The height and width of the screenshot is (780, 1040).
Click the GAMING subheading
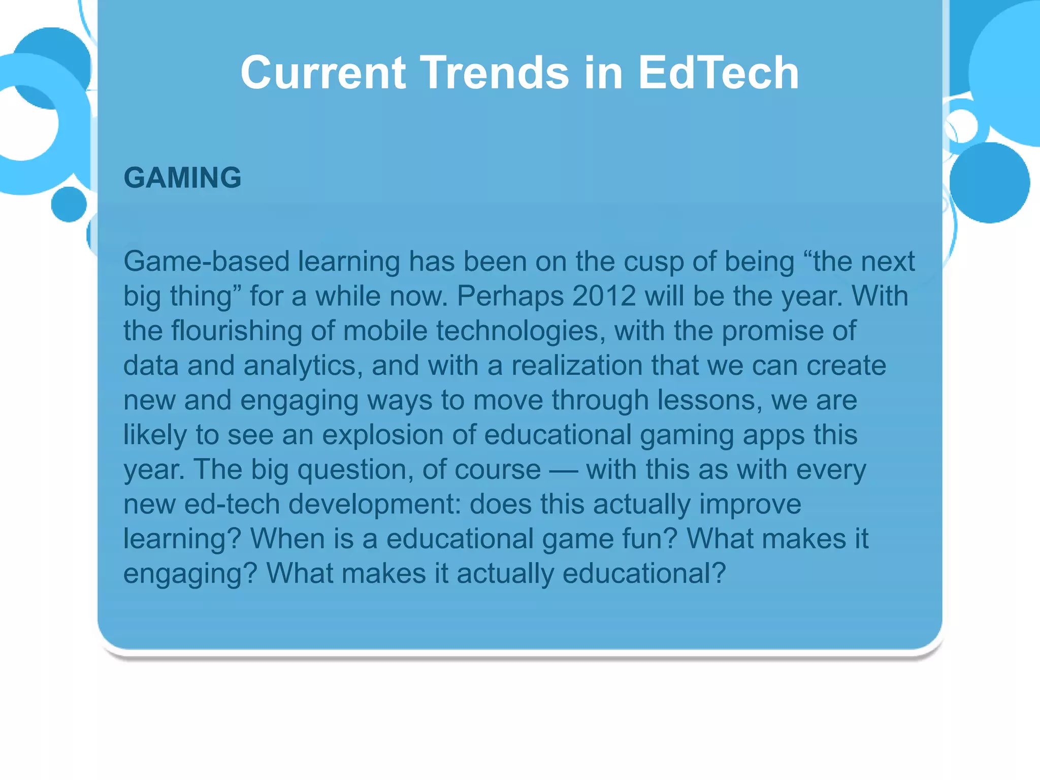tap(182, 178)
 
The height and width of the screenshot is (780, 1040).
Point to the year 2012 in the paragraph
tap(604, 296)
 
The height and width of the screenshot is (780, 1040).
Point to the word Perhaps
tap(510, 296)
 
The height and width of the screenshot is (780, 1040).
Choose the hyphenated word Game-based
tap(206, 262)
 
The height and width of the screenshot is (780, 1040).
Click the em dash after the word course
tap(563, 470)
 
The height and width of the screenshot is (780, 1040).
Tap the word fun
tap(656, 539)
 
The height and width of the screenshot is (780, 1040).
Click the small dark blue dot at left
tap(69, 204)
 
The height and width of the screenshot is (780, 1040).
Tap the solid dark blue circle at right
tap(989, 182)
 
